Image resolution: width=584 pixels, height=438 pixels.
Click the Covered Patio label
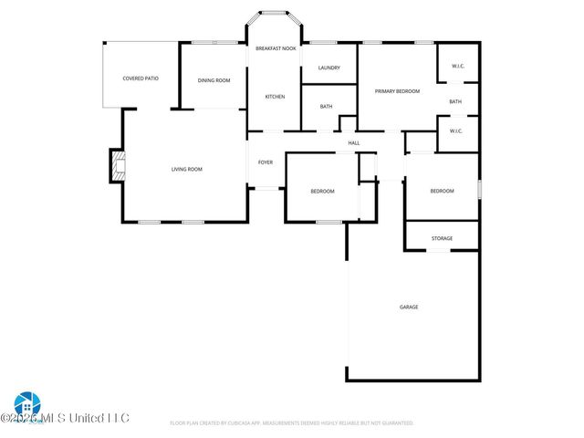[141, 78]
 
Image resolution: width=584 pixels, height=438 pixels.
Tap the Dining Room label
[214, 80]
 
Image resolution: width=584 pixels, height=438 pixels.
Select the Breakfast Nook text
[275, 47]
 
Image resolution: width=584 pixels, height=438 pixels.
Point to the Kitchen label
[275, 97]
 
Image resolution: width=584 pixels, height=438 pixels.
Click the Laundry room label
[328, 68]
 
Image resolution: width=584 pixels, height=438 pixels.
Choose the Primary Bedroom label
[397, 91]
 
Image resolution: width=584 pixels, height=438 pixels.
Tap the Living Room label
[187, 169]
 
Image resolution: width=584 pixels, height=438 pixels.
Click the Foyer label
[266, 162]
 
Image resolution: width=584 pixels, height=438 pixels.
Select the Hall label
[354, 142]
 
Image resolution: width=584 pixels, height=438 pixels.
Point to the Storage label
[442, 238]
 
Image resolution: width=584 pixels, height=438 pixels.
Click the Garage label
[409, 307]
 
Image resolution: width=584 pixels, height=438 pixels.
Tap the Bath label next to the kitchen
[326, 107]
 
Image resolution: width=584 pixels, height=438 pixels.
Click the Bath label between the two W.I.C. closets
[455, 101]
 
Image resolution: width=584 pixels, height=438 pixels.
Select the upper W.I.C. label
[457, 66]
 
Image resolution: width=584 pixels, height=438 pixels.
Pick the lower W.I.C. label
[457, 130]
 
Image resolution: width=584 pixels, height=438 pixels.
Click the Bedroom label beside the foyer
[322, 191]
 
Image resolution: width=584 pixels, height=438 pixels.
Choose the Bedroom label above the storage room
[442, 191]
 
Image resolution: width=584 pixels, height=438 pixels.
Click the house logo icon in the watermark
[26, 404]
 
